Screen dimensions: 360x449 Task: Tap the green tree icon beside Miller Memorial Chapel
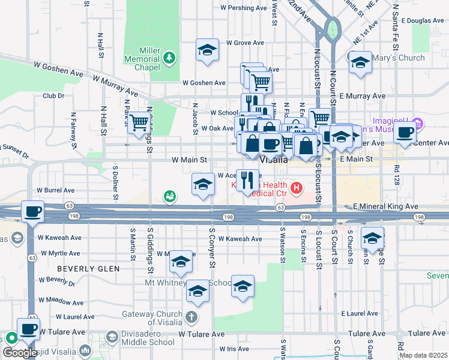tap(170, 57)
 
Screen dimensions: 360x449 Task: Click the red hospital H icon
tap(295, 189)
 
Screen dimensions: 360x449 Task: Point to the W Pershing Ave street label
tap(244, 8)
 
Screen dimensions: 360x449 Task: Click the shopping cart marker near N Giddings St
tap(139, 122)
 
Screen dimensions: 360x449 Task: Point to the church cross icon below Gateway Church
tap(191, 316)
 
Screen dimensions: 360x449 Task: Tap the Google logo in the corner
tap(20, 353)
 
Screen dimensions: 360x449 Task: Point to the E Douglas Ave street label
tap(423, 20)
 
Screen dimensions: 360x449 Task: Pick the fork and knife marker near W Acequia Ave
tap(247, 179)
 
